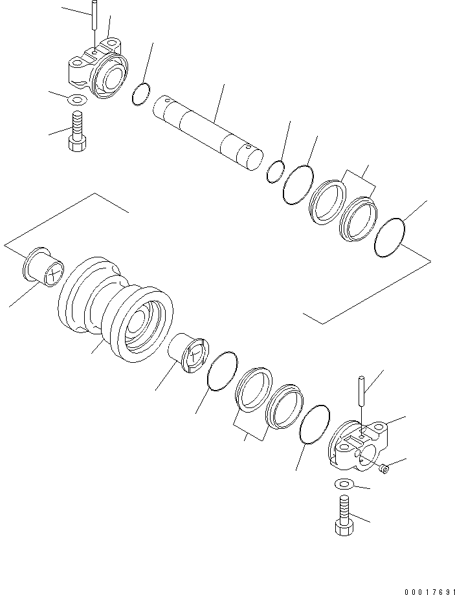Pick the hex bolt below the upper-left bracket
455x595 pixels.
(x=77, y=132)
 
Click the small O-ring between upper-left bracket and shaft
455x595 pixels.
(x=142, y=94)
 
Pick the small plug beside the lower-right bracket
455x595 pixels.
(x=384, y=468)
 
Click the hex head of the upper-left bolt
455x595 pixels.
(x=77, y=144)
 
